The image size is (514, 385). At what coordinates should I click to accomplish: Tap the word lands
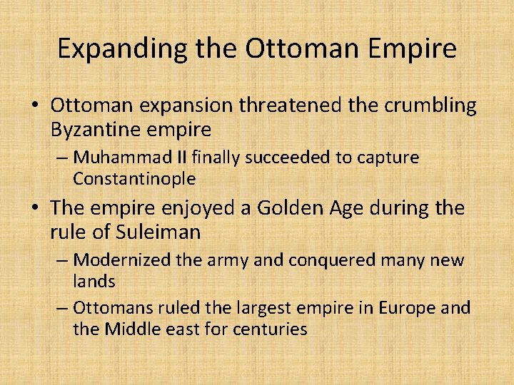[94, 281]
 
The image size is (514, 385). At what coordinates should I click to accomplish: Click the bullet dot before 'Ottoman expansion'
[35, 106]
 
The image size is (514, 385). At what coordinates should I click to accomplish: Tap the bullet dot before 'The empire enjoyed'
[35, 209]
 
